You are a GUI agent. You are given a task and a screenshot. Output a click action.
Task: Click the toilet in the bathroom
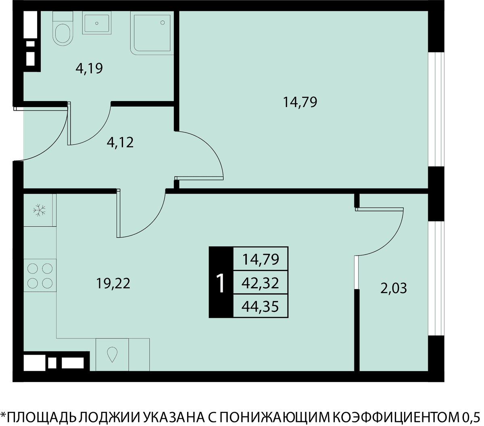[63, 28]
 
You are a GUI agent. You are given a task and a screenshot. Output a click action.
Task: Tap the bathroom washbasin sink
[97, 23]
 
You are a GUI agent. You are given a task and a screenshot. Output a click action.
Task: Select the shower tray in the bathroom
[152, 33]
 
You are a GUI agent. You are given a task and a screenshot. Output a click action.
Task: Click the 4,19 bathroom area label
[89, 68]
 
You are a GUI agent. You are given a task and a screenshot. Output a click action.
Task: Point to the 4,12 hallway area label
[120, 143]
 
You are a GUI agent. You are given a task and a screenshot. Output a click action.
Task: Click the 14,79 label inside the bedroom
[300, 102]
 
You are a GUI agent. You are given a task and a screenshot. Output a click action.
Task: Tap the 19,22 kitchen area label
[113, 283]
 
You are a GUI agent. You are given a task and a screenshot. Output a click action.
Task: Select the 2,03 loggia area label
[394, 288]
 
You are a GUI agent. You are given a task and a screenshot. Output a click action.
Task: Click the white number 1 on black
[221, 283]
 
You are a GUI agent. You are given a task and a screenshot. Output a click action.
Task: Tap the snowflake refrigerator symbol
[39, 210]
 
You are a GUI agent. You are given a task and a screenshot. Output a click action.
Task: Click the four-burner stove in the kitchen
[40, 275]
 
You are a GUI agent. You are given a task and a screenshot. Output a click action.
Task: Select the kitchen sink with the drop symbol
[112, 354]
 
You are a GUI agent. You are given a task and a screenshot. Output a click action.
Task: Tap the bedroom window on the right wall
[436, 109]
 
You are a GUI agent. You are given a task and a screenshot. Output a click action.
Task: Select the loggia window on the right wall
[436, 279]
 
